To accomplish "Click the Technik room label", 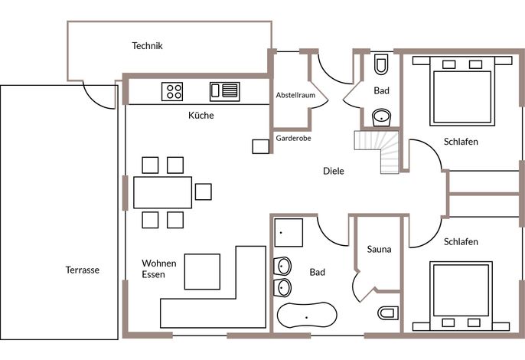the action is point(147,46).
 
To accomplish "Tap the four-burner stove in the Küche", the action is point(172,91).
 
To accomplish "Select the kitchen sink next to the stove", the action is point(225,91).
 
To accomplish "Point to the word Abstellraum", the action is point(295,95).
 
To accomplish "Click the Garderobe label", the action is point(293,138).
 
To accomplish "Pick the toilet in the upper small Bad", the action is point(381,64).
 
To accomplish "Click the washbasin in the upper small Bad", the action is point(381,118).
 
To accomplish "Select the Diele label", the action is point(334,171).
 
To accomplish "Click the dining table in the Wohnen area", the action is point(163,192).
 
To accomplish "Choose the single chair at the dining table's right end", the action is point(204,191).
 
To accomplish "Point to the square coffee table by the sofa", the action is point(202,271).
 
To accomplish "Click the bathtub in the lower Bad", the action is point(307,315).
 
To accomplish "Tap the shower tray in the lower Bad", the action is point(289,233).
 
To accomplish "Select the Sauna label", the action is point(379,249).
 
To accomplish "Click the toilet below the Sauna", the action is point(388,313).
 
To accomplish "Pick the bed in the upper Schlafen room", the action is point(462,91).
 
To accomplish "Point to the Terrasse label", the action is point(83,270).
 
